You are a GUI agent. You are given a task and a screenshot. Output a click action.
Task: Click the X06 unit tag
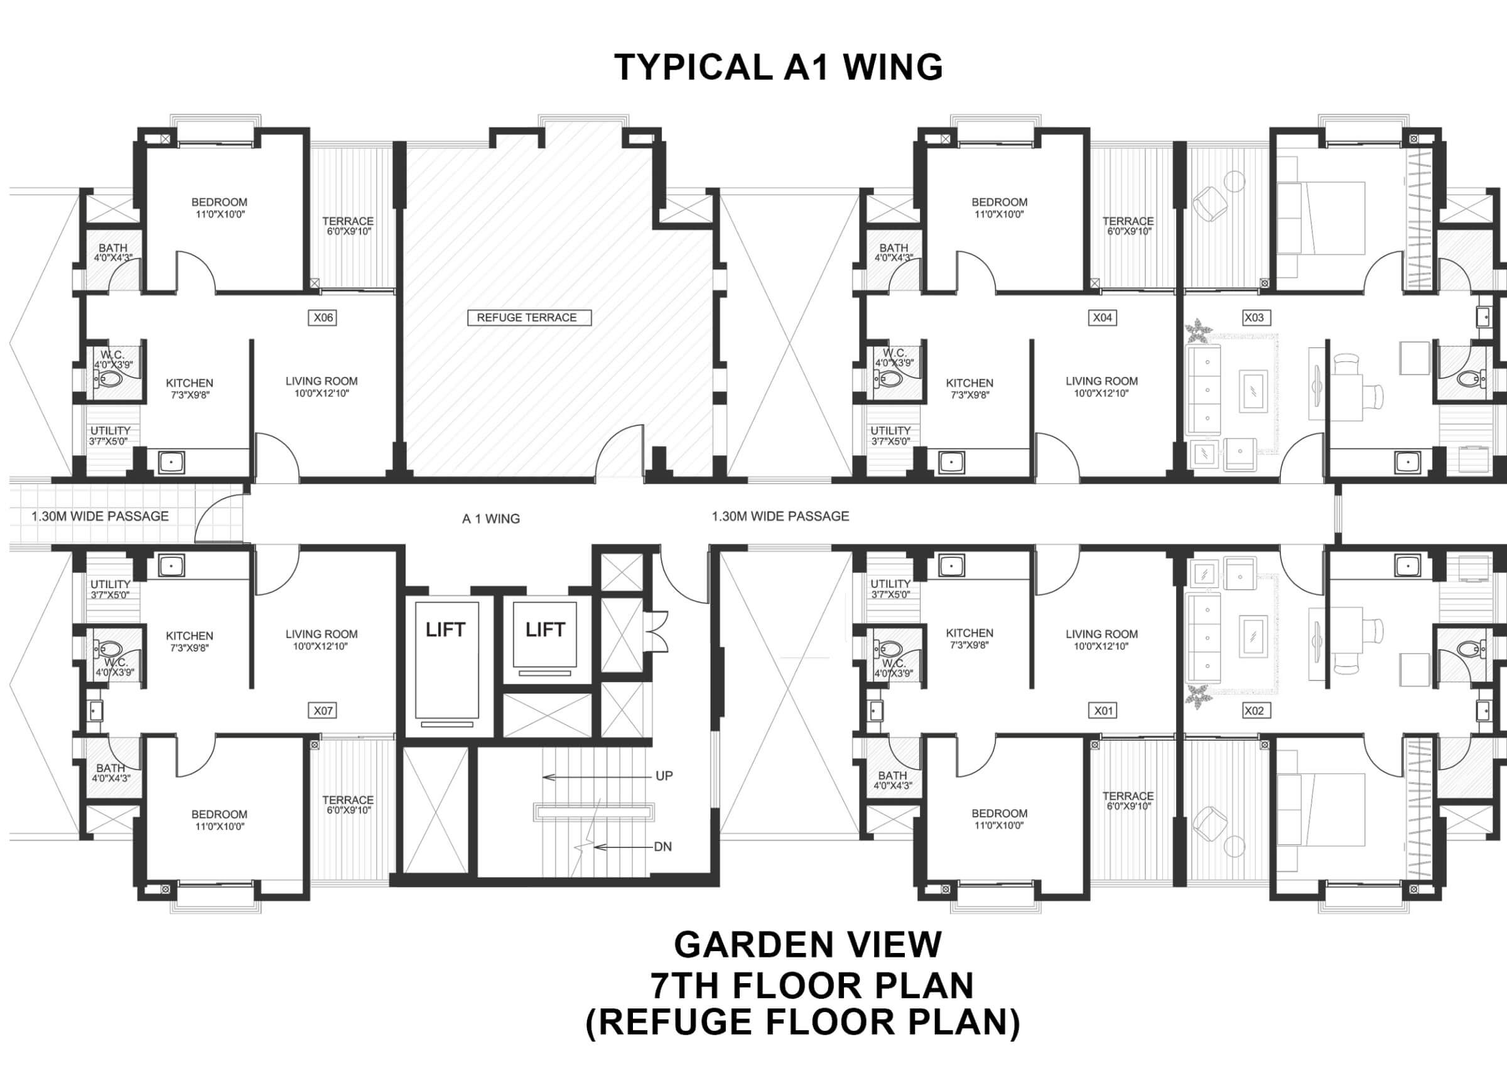(323, 318)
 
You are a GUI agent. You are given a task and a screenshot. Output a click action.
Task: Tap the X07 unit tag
(323, 711)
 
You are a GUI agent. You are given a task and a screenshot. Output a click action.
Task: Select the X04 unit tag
(1102, 318)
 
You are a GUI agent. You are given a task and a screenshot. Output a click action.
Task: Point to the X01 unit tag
(1103, 711)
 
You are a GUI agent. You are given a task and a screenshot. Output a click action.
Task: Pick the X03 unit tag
(1253, 318)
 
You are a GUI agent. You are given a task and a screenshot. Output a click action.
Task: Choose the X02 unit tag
(1253, 711)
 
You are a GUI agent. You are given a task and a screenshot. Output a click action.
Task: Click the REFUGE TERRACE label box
(529, 318)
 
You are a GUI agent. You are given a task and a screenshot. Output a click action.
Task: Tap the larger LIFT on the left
(446, 630)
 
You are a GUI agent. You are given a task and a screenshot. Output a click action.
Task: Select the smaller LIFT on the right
(545, 630)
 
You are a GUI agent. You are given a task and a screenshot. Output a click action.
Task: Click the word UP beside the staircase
(664, 776)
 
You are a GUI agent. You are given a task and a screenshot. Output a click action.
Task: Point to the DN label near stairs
(662, 847)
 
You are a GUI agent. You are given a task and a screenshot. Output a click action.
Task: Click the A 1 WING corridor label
(490, 520)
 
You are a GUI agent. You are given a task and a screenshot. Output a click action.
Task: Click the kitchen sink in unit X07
(171, 565)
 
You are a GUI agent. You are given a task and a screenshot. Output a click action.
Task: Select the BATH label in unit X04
(894, 248)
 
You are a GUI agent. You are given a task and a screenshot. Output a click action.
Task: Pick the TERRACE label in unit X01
(1128, 796)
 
